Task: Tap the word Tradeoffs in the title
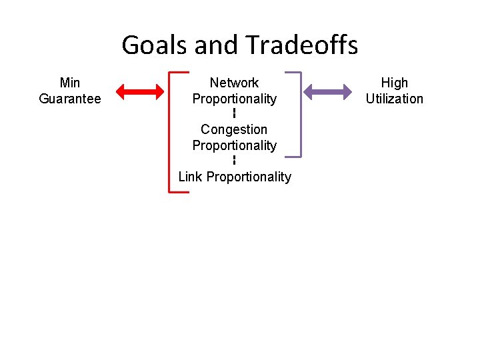(301, 45)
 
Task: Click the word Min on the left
(70, 83)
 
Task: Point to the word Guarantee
(70, 99)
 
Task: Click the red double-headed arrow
(139, 92)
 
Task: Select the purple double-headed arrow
(328, 92)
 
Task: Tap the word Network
(234, 83)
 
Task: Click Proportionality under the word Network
(234, 99)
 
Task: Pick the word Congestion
(234, 129)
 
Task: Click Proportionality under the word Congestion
(234, 145)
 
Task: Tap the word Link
(191, 177)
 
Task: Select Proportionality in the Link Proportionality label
(249, 177)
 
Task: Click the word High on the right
(394, 83)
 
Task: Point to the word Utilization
(394, 99)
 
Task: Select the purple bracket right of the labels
(301, 114)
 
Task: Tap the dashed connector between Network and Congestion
(234, 113)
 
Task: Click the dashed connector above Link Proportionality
(234, 160)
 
